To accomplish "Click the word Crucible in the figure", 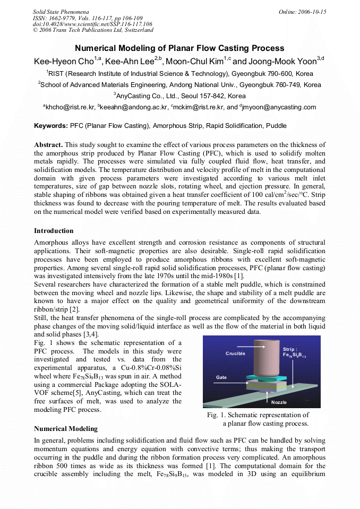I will click(x=235, y=353).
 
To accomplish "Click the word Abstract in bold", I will click(x=48, y=145).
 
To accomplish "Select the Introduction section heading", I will click(x=54, y=231).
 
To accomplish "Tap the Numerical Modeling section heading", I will click(x=66, y=428).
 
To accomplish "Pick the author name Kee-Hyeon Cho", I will click(x=67, y=62).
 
